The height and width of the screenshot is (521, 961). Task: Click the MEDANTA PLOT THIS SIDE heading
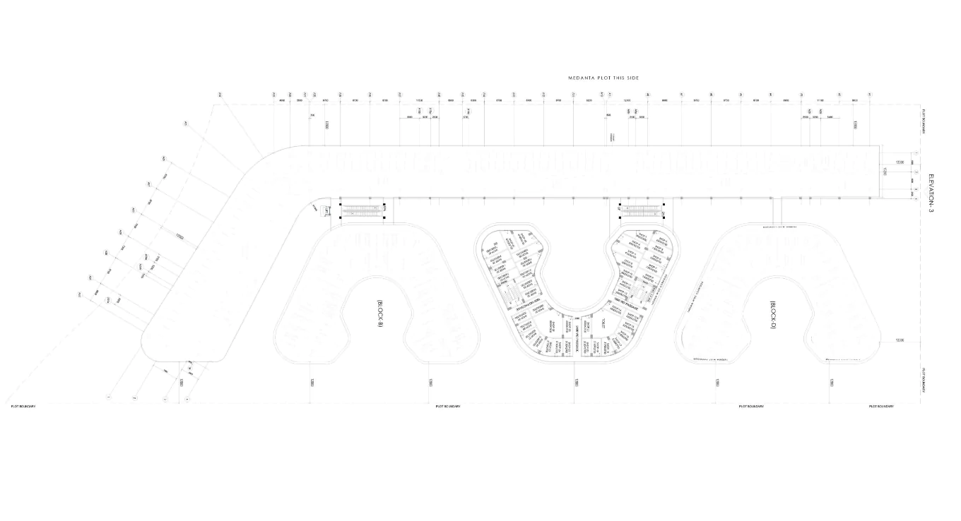603,78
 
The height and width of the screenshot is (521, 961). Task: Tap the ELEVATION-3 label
931,192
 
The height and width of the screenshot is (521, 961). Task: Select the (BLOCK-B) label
379,313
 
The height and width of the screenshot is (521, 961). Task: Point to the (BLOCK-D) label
773,314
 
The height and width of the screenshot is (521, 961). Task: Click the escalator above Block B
362,210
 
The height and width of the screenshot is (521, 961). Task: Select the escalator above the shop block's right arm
642,210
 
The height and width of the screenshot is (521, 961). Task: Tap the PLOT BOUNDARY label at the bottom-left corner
23,407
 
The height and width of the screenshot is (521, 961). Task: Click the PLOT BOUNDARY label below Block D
751,407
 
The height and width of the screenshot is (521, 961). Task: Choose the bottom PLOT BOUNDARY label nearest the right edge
881,407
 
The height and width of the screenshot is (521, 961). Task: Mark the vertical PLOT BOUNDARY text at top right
924,121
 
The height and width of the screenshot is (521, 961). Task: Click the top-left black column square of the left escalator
341,205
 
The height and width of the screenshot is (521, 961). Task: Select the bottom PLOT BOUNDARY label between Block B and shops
448,407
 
